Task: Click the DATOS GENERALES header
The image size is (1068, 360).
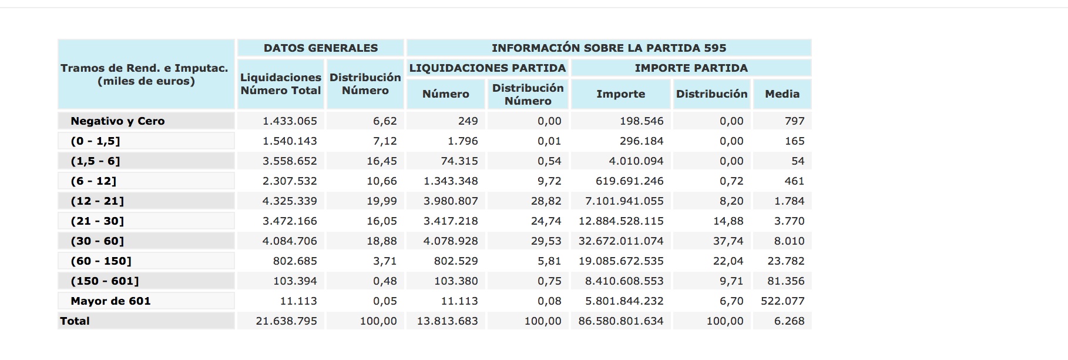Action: pos(320,48)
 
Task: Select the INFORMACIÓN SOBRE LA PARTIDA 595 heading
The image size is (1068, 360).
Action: pos(609,48)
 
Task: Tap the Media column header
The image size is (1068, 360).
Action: pos(782,94)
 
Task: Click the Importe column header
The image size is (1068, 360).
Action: pos(620,94)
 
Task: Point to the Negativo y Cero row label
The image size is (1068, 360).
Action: pos(117,121)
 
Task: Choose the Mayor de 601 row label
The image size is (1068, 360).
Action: pos(110,301)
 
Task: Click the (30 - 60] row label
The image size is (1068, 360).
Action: pos(98,241)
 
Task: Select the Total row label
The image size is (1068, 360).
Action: pos(75,321)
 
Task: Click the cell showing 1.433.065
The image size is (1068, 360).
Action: pos(290,121)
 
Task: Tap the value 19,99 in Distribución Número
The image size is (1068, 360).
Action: pos(381,201)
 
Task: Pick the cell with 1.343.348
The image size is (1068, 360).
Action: pos(451,181)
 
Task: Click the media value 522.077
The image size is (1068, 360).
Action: pos(782,301)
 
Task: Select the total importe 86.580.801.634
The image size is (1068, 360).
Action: pos(621,321)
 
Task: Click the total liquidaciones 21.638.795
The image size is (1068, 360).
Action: pos(286,321)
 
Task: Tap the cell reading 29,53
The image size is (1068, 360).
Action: pos(546,241)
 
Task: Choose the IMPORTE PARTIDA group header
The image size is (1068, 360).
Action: pos(691,68)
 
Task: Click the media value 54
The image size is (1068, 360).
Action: pos(797,161)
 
